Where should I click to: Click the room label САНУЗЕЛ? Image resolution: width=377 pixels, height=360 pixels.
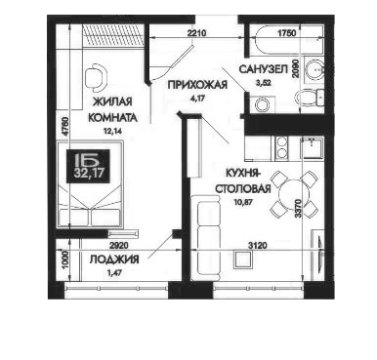tap(264, 69)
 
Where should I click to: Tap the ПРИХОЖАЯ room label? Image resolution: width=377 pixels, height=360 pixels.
tap(197, 85)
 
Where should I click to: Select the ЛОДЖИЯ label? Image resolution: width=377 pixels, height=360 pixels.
tap(114, 260)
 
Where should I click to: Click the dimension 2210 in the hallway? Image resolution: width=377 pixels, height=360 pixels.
tap(196, 33)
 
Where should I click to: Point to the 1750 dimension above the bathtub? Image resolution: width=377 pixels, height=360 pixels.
tap(286, 33)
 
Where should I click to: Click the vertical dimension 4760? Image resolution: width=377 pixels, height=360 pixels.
tap(65, 126)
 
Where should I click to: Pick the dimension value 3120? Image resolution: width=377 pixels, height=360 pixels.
tap(258, 246)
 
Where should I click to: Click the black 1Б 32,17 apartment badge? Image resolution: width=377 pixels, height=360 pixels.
tap(88, 166)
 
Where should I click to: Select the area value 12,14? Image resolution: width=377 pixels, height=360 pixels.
tap(111, 131)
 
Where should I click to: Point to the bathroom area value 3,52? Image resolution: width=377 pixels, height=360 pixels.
tap(264, 83)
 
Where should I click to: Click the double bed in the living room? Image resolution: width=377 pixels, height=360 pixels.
tap(91, 183)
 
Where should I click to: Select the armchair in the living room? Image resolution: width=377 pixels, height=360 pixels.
tap(96, 78)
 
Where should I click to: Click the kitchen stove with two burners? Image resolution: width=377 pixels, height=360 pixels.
tap(281, 147)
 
